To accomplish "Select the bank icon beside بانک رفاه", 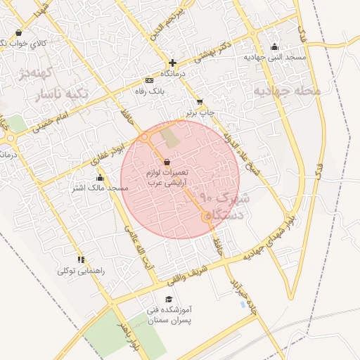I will [148, 80].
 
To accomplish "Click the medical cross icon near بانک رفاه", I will [172, 63].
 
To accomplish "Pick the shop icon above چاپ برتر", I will [200, 102].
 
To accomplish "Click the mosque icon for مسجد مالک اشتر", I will [101, 177].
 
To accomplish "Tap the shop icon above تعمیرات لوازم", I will [167, 162].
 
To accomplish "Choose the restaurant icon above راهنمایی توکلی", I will [82, 259].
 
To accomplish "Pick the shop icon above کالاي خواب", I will [18, 32].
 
